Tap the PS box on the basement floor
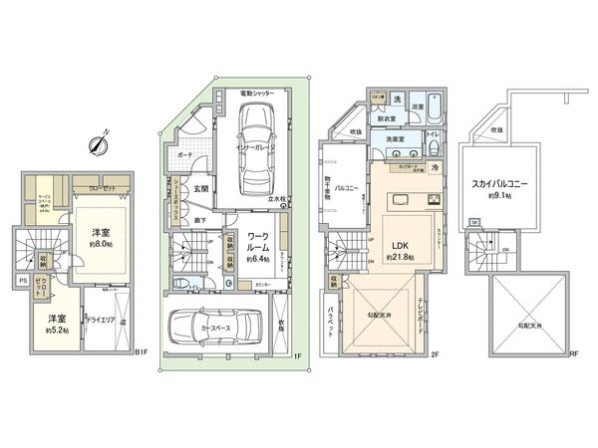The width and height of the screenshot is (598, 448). pos(23,281)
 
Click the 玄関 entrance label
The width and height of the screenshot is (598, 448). pos(200,188)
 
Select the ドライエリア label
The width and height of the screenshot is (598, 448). pos(103,322)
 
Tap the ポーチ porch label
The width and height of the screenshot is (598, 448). pos(185,155)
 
